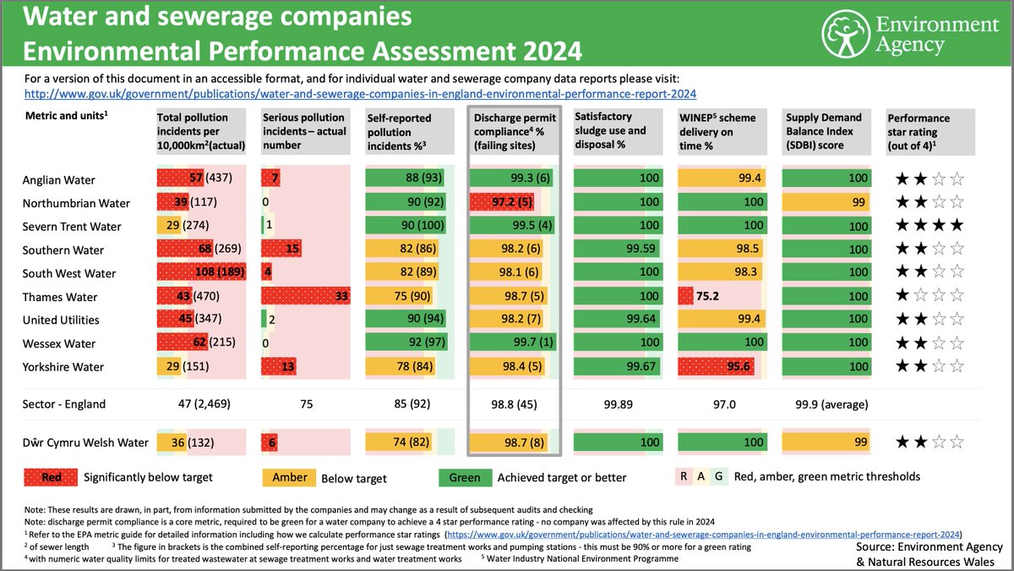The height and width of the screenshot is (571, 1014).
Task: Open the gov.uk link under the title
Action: (361, 94)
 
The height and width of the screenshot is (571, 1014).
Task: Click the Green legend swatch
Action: (464, 477)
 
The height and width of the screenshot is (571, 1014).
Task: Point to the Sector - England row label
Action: (63, 404)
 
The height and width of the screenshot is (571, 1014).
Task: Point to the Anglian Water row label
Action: (59, 179)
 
